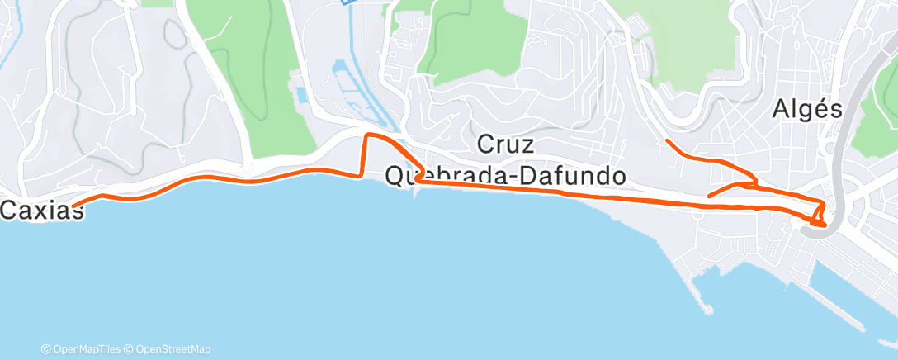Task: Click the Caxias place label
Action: coord(42,211)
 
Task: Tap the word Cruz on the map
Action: coord(506,145)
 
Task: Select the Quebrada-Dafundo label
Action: coord(505,175)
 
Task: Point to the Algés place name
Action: coord(807,110)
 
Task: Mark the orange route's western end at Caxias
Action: coord(73,206)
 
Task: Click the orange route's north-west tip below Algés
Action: coord(666,142)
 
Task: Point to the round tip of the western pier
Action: coord(708,310)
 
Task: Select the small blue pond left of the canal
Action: coord(300,95)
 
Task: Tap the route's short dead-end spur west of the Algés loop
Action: coord(710,196)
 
